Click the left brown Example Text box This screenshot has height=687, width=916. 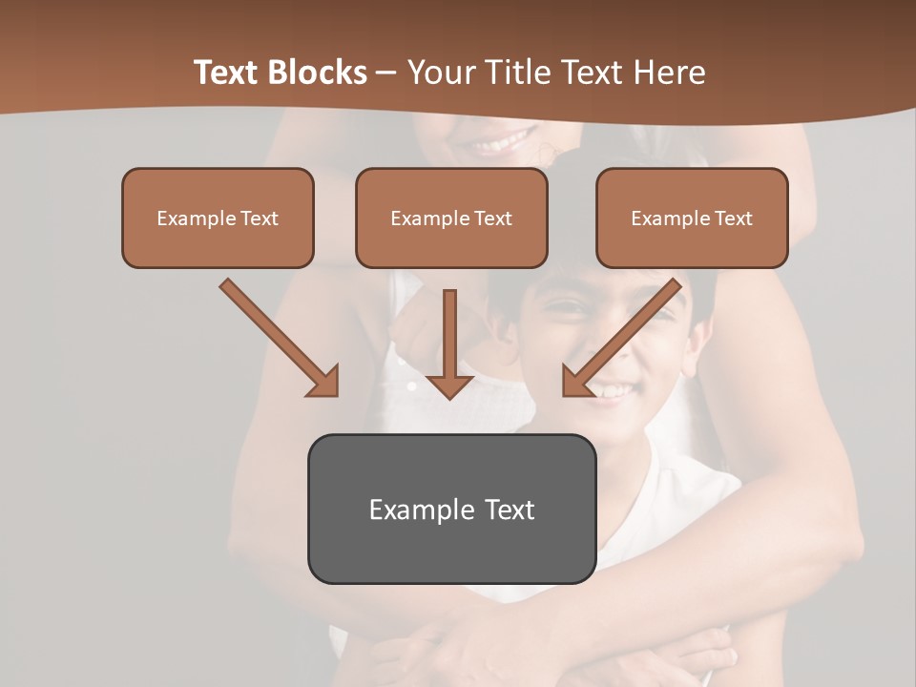click(x=218, y=218)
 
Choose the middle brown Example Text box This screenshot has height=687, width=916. click(x=451, y=218)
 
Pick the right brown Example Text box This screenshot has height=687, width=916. click(x=692, y=218)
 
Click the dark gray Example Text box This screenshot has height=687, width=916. click(x=451, y=509)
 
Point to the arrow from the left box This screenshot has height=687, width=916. click(x=280, y=338)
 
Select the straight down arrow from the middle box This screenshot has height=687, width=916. click(x=449, y=343)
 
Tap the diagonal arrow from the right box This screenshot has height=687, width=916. click(x=621, y=338)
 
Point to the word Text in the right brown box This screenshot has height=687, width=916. click(x=734, y=219)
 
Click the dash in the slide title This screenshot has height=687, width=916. click(x=386, y=73)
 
